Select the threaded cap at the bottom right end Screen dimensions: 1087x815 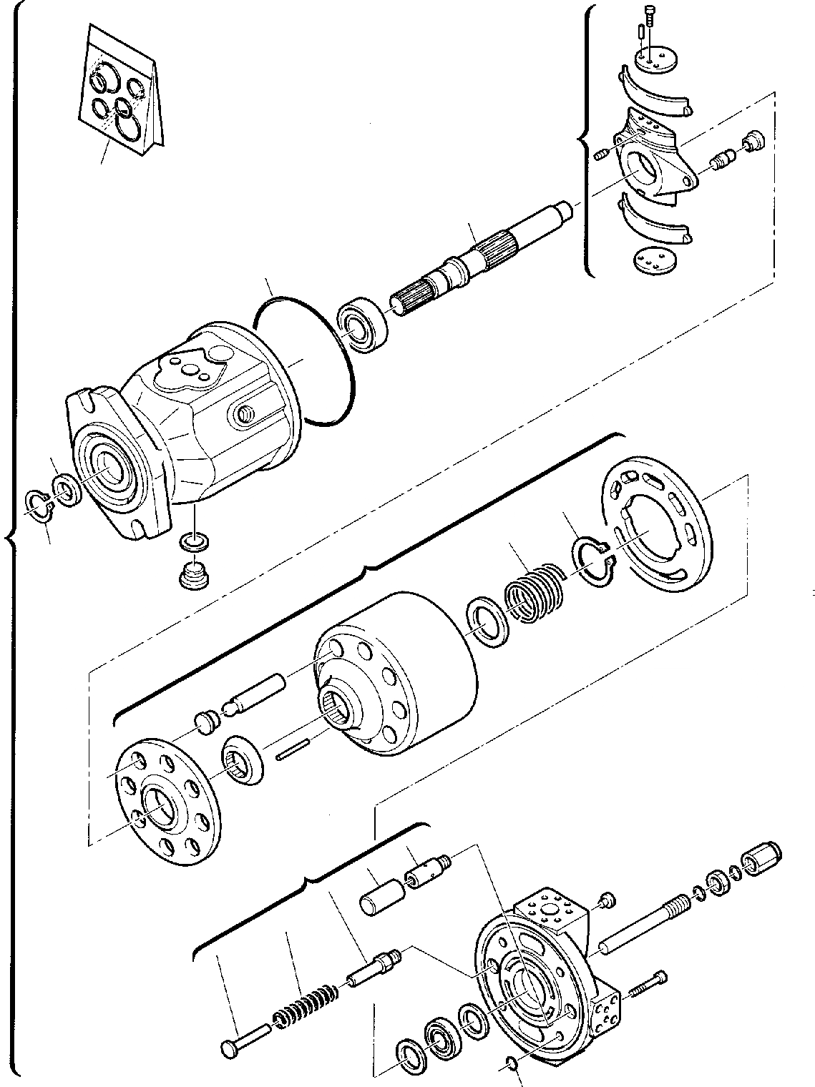pyautogui.click(x=762, y=856)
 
